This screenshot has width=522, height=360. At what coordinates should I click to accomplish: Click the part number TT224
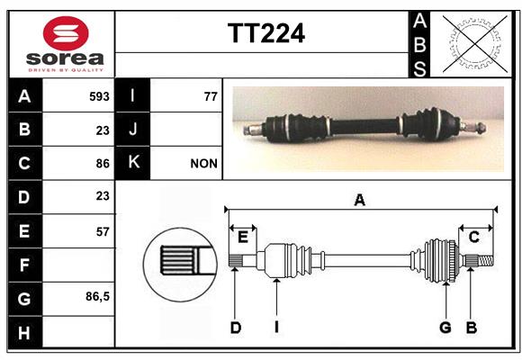(x=266, y=33)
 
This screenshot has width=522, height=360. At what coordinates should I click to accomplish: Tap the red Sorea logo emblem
(x=66, y=32)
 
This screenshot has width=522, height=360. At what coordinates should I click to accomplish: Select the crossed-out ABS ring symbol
(x=475, y=43)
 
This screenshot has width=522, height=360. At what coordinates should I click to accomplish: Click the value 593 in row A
(x=99, y=96)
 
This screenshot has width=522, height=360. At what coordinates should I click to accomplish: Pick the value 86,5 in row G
(x=97, y=296)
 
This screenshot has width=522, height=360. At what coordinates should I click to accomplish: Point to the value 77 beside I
(x=211, y=96)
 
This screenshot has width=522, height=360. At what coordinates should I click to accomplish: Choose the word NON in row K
(x=203, y=164)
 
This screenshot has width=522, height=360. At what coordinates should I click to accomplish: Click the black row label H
(x=25, y=332)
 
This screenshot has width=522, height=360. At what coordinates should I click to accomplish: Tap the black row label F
(x=25, y=265)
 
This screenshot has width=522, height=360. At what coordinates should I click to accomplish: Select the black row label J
(x=132, y=129)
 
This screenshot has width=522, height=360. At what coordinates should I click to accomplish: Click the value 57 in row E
(x=103, y=231)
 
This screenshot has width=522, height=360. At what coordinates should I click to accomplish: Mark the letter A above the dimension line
(x=359, y=200)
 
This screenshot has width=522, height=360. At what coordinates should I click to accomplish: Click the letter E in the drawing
(x=243, y=237)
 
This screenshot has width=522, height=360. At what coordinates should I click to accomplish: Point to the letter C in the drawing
(x=473, y=237)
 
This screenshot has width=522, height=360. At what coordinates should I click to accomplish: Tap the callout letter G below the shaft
(x=445, y=328)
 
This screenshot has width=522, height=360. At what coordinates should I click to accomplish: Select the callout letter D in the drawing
(x=236, y=328)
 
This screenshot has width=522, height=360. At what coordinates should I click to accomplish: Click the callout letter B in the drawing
(x=472, y=328)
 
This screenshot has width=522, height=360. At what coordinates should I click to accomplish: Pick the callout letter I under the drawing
(x=276, y=328)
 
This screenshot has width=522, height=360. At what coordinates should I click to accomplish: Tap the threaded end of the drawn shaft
(x=486, y=260)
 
